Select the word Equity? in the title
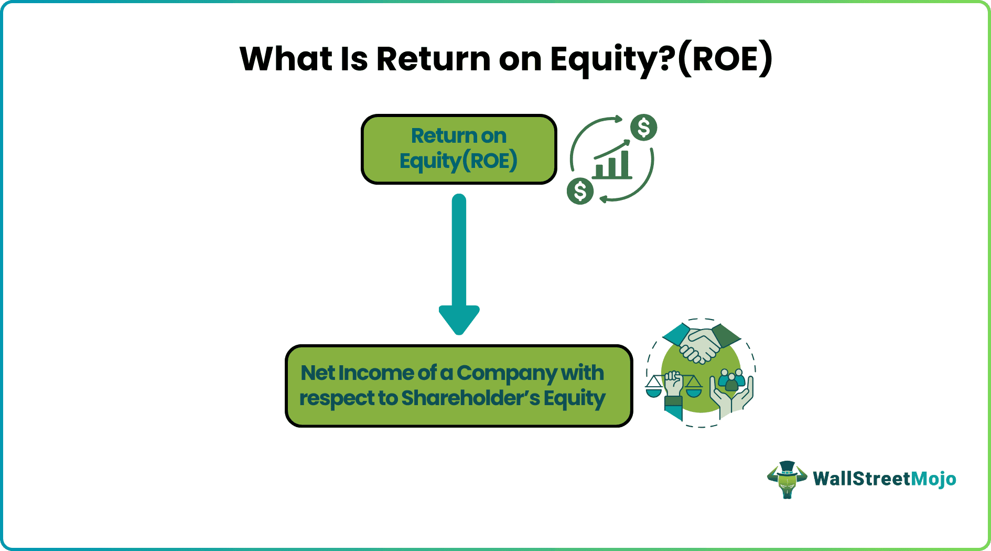(x=611, y=59)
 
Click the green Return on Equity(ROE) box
(x=459, y=149)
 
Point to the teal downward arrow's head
(x=459, y=319)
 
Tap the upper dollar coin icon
(x=643, y=128)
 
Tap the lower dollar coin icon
(x=580, y=191)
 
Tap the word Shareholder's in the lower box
(x=470, y=398)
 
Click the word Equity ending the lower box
(x=575, y=399)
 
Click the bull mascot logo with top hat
(x=787, y=479)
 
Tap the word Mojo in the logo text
(x=933, y=479)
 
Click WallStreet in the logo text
(x=861, y=479)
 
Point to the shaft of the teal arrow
(x=459, y=252)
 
